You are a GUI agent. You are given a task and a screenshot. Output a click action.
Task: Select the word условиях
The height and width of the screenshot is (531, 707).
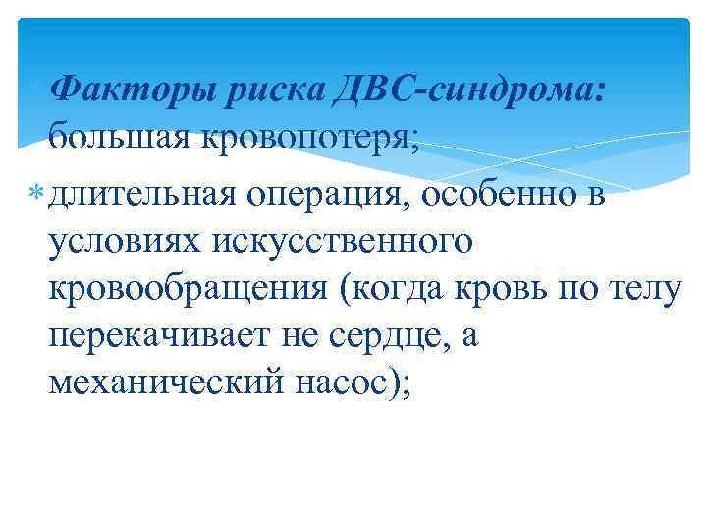(117, 240)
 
